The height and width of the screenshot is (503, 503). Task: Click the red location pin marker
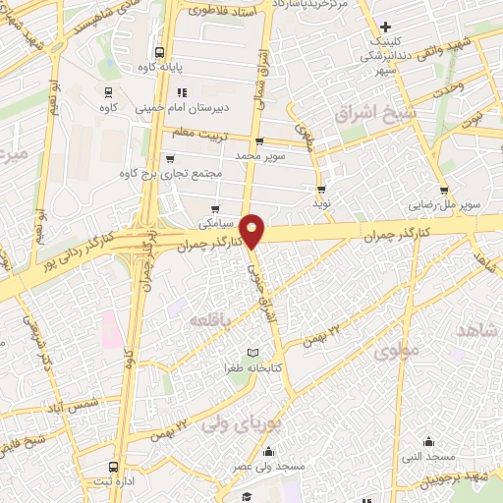pos(252,230)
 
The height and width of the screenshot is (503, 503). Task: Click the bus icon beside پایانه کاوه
pos(159,53)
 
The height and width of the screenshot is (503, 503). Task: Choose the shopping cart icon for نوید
pos(321,189)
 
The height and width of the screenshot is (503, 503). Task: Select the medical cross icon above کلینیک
pos(386,27)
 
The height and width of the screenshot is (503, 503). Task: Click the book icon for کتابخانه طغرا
pos(252,353)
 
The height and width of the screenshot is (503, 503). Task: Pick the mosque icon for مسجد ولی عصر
pos(268,453)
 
